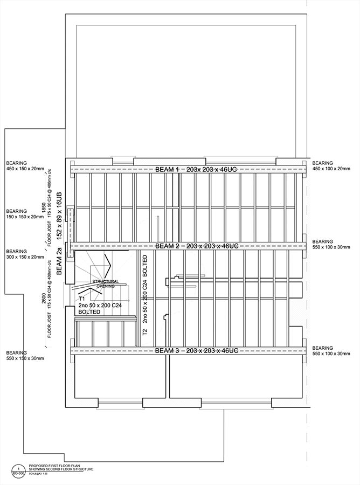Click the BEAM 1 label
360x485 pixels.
[167, 170]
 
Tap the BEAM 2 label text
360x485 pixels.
[167, 246]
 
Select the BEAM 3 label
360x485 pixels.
[167, 351]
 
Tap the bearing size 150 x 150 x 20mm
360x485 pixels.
[25, 217]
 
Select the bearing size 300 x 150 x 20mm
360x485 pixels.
[25, 258]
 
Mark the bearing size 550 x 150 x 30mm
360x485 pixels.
[25, 358]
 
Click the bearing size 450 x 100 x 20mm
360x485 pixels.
[331, 169]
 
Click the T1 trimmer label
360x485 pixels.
[82, 298]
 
